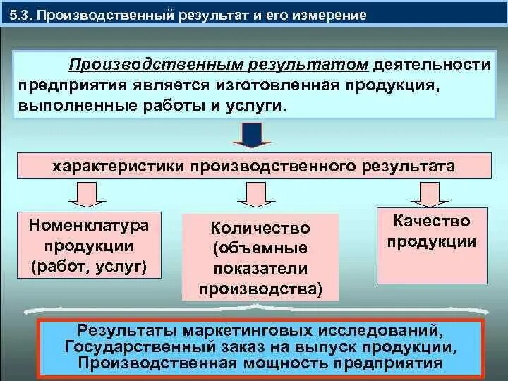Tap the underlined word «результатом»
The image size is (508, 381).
(308, 65)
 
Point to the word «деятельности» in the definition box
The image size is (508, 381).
(432, 65)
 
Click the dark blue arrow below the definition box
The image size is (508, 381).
(253, 135)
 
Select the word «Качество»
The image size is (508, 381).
(433, 221)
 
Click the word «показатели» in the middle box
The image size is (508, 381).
(260, 268)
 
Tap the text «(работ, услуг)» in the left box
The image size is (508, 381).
(89, 266)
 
